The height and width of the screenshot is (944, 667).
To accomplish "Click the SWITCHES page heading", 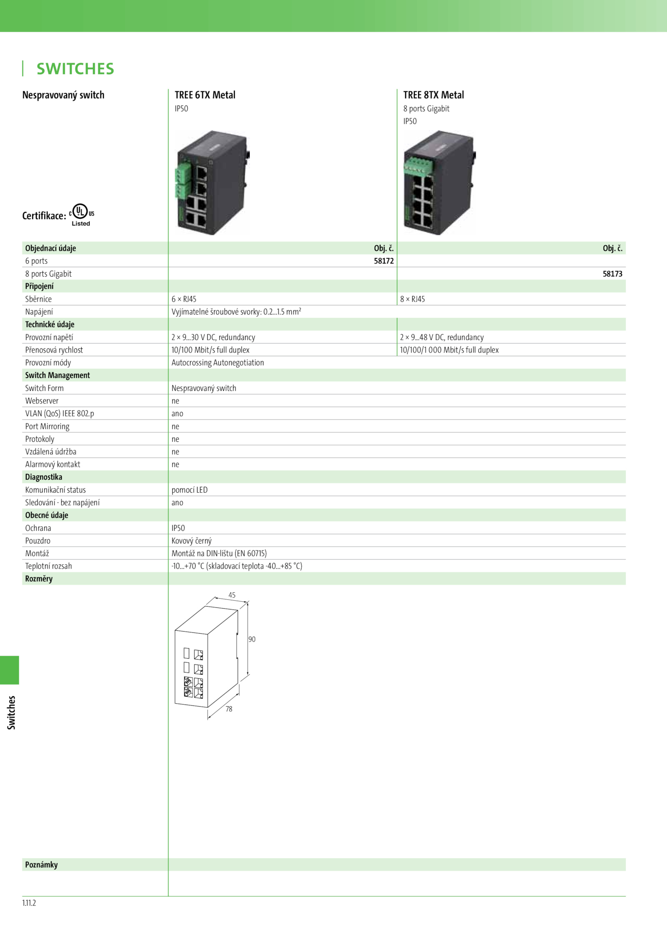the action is pos(75,69).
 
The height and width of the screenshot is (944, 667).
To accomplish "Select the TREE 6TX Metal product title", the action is pos(205,95).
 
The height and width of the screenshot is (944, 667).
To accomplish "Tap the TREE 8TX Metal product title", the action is pos(434,95).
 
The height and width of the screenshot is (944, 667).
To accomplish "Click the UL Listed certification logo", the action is pos(82,215).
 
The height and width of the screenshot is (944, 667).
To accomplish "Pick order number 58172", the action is pos(384,261).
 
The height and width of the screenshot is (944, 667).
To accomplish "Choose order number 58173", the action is pos(612,274).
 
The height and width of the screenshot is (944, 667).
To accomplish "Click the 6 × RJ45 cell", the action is pos(184,299).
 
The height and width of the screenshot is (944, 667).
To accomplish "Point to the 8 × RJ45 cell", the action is pos(412,299).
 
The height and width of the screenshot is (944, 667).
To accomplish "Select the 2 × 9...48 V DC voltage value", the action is pos(442,337).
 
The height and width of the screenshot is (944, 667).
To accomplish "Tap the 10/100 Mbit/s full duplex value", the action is pos(211,350).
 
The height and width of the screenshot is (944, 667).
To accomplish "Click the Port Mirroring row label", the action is pos(47,427).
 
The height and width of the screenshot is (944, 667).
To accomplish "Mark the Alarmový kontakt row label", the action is pos(53,464).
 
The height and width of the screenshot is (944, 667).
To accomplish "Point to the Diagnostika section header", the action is pos(43,477).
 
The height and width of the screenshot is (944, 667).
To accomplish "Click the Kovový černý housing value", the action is pos(191,541).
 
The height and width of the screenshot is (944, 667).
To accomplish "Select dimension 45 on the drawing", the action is pos(232,595).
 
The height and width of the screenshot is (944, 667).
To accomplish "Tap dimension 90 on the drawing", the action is pos(252,639).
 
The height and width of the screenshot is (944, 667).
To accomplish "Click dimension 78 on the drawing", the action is pos(229,709).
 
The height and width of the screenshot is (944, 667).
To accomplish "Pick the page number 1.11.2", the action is pos(29,903).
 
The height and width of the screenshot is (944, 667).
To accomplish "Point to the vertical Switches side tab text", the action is pos(11,712).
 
